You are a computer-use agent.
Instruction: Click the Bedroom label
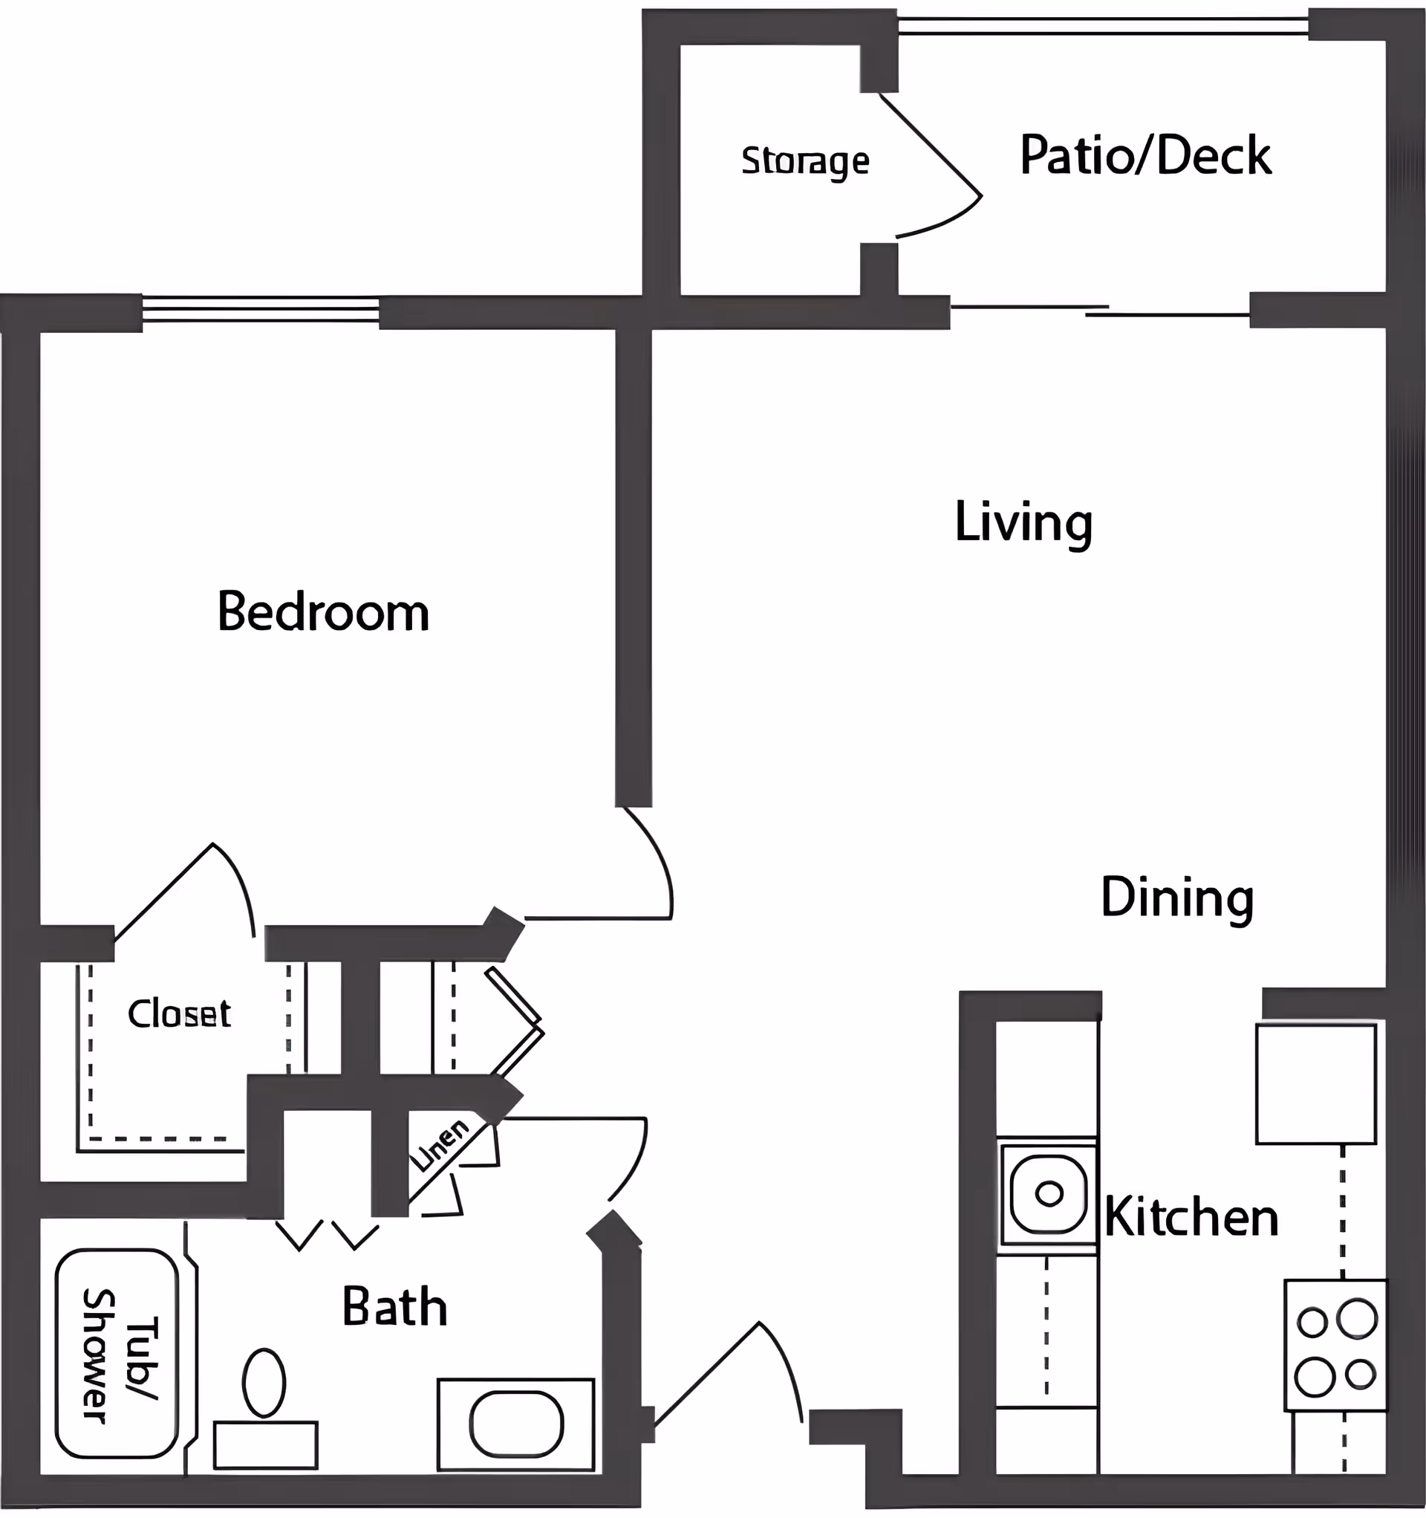tap(323, 612)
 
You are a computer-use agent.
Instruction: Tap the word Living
tap(1023, 523)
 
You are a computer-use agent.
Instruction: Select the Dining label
tap(1176, 898)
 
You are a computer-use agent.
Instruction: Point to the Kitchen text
tap(1191, 1218)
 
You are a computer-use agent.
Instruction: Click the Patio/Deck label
tap(1145, 156)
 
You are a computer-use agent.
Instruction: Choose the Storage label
tap(804, 161)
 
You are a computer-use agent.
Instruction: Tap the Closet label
tap(179, 1014)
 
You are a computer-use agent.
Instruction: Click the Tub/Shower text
tap(118, 1357)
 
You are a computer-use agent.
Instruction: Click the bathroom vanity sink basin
tap(516, 1425)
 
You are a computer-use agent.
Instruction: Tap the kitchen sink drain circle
tap(1049, 1193)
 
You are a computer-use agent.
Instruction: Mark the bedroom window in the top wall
tap(260, 311)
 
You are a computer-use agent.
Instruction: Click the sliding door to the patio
tap(1099, 310)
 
